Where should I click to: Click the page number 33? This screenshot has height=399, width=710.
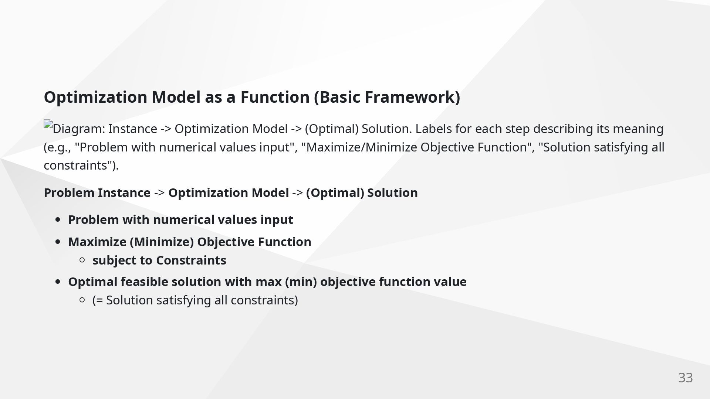[x=685, y=378]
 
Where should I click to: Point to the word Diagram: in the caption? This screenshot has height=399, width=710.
[x=79, y=129]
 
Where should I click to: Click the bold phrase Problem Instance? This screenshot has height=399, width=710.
[x=97, y=193]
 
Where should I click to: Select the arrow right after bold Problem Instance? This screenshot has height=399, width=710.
[x=159, y=193]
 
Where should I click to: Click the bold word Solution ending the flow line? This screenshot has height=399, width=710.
[x=392, y=193]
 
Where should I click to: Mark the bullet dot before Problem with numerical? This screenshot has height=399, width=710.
[x=58, y=220]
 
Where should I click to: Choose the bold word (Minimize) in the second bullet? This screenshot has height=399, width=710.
[x=162, y=242]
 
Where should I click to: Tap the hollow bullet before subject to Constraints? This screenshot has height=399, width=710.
[x=82, y=260]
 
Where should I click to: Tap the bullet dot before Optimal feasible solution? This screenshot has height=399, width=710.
[x=58, y=282]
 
